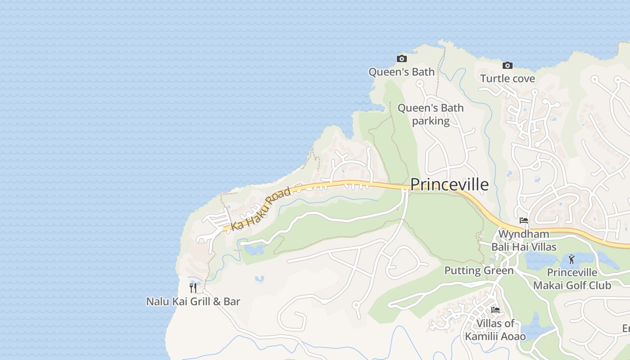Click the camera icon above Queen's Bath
point(402,58)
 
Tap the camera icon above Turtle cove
point(508,65)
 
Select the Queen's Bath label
point(401,72)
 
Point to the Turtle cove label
point(508,79)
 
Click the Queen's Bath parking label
point(431,114)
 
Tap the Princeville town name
point(449,184)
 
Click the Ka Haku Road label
point(261,209)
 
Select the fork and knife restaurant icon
point(193,288)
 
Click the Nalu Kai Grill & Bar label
point(193,301)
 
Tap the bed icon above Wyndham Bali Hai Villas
point(523,220)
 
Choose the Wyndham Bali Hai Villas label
point(524,240)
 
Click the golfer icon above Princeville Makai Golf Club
point(571,259)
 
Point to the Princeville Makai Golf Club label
point(572,279)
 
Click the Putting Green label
point(479,270)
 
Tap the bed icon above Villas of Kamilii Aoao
point(495,310)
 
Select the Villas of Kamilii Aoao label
point(495,330)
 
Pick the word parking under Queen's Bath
point(431,121)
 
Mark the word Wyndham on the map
point(524,234)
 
